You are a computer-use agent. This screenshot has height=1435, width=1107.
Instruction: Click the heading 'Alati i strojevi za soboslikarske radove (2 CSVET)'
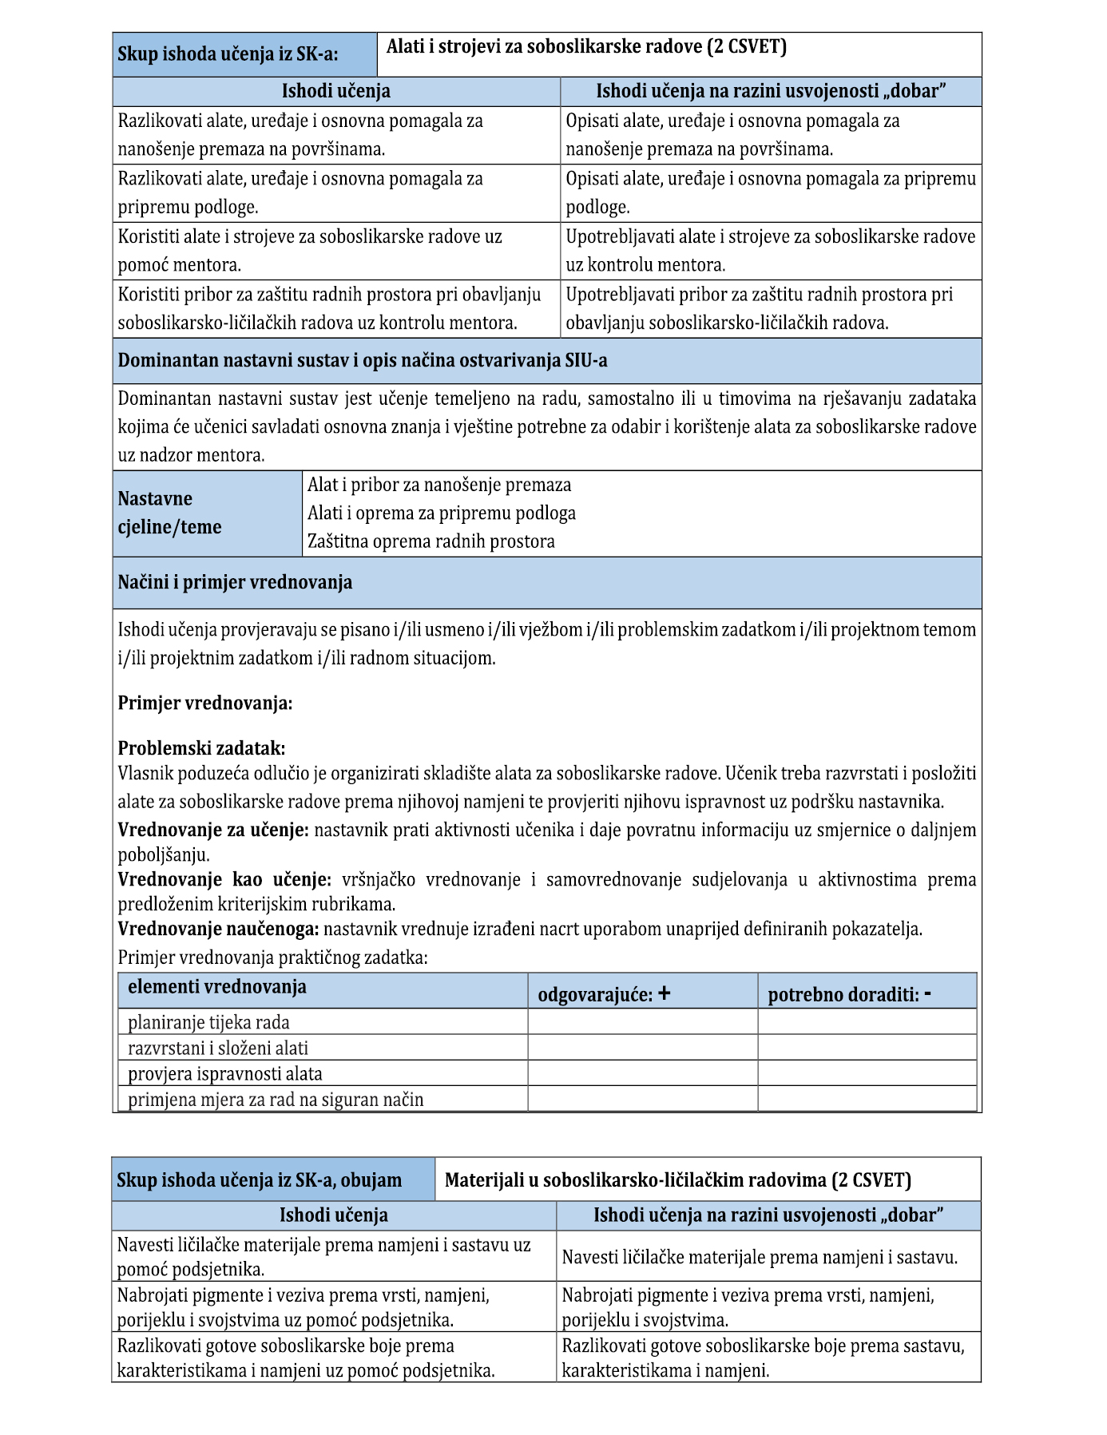(586, 47)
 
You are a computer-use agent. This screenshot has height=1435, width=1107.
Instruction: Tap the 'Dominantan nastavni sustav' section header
(363, 360)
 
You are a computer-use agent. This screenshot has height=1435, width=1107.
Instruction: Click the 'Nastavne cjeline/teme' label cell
(170, 513)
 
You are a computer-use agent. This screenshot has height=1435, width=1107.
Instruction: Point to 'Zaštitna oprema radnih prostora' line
(431, 541)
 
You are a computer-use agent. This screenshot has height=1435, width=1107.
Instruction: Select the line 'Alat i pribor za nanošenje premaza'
(439, 485)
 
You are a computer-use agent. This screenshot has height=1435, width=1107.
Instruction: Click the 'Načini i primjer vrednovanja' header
(235, 582)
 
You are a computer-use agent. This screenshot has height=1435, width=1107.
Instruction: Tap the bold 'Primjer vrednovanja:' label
(205, 704)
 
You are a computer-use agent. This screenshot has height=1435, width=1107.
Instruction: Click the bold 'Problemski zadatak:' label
(201, 748)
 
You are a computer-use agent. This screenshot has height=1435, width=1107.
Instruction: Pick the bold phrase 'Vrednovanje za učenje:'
(213, 830)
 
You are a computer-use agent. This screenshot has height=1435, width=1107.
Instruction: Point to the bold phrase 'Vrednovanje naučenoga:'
(218, 929)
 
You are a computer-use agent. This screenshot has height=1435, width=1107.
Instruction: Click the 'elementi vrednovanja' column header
(216, 987)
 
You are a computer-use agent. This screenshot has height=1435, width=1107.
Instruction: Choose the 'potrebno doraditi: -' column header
(849, 995)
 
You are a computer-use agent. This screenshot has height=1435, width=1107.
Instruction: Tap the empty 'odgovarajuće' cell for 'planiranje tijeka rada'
(642, 1022)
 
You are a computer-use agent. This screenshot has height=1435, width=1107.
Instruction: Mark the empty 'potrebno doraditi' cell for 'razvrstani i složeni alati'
(867, 1048)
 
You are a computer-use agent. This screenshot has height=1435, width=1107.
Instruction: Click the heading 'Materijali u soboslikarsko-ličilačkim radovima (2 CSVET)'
(677, 1180)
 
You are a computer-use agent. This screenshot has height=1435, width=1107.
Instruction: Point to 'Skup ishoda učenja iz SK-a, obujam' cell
(259, 1180)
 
